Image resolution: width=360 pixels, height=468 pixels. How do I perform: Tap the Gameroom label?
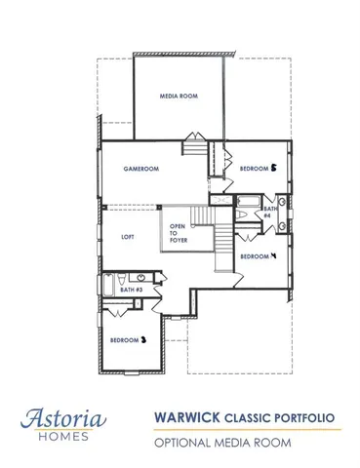pyautogui.click(x=141, y=169)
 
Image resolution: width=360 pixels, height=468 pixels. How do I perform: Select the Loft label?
pyautogui.click(x=127, y=237)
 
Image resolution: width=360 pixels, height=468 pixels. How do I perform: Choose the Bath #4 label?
pyautogui.click(x=269, y=213)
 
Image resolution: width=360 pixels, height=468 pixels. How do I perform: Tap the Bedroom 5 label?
pyautogui.click(x=259, y=168)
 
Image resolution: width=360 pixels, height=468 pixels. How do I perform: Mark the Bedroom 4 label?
pyautogui.click(x=259, y=255)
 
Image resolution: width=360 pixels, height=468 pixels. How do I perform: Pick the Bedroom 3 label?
pyautogui.click(x=128, y=340)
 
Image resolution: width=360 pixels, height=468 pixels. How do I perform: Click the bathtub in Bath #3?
pyautogui.click(x=107, y=286)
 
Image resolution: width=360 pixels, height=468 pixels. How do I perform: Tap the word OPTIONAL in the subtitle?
pyautogui.click(x=185, y=443)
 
